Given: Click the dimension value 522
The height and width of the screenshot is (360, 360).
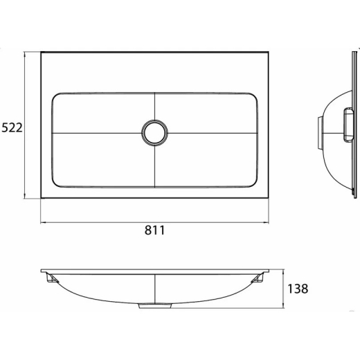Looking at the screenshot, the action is (x=12, y=127).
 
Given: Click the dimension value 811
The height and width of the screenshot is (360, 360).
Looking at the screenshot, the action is (x=155, y=230).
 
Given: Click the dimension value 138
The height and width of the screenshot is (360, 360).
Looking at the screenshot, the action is (x=298, y=289).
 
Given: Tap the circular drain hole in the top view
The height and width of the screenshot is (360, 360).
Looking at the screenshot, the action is (x=155, y=133).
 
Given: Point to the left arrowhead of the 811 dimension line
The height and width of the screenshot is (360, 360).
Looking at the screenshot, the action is (x=43, y=222).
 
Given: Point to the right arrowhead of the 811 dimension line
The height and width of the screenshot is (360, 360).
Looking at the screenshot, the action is (x=267, y=222).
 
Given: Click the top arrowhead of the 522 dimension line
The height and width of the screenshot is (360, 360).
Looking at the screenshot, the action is (x=25, y=54).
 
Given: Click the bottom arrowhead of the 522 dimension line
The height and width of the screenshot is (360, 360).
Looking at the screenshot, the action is (x=25, y=196).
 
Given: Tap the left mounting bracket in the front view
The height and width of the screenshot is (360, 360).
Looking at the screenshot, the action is (x=52, y=278).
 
